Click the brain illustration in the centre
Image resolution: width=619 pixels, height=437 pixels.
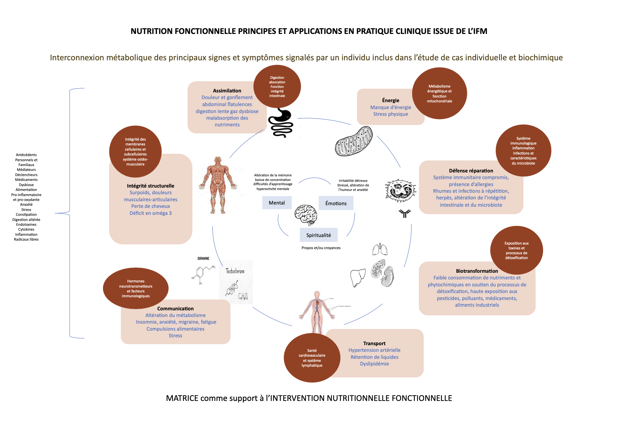[306, 215]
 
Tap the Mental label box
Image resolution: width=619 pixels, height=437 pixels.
[277, 203]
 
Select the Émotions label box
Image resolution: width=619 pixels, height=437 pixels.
[336, 203]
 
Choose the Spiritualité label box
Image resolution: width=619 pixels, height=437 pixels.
[319, 235]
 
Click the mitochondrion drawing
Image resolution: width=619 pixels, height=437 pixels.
[354, 141]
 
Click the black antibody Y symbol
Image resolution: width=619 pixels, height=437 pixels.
[405, 213]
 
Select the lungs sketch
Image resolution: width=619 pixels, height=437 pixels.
[380, 249]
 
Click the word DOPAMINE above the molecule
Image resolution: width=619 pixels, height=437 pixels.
[203, 259]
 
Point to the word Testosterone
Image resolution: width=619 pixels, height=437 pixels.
[235, 271]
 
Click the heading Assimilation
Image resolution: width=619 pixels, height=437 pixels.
[227, 91]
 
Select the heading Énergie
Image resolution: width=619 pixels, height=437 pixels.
[391, 100]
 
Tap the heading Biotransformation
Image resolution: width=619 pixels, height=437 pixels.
[477, 271]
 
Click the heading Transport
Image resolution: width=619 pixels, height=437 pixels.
[374, 343]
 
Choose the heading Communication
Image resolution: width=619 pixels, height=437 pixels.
[175, 309]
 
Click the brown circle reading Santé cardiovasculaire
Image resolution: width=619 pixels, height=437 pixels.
[312, 358]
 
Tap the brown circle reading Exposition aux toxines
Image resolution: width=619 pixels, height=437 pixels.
[516, 250]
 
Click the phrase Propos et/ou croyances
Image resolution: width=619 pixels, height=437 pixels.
[321, 248]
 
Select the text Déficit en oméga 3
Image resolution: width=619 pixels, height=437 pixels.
[151, 213]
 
